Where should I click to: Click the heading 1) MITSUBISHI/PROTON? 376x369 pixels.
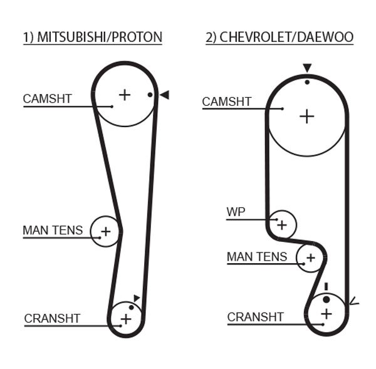click(93, 38)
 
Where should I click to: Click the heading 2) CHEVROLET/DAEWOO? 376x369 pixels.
click(279, 38)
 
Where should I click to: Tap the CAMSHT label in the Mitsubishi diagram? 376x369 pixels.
click(48, 99)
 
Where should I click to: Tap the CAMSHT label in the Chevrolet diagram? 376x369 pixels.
click(227, 102)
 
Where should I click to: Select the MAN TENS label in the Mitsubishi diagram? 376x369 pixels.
click(53, 231)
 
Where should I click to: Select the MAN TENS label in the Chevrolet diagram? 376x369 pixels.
click(257, 257)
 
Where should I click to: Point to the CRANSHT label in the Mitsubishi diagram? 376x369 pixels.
click(52, 319)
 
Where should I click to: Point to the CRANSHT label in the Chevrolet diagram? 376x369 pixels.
click(256, 318)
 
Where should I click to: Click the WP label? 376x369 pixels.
click(236, 212)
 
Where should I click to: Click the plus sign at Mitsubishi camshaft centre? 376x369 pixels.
click(125, 95)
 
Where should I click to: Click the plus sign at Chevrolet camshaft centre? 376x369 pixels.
click(306, 116)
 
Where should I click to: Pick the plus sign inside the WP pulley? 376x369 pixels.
click(282, 224)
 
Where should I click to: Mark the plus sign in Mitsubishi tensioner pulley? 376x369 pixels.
click(105, 231)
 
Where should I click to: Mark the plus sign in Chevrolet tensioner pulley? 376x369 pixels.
click(310, 257)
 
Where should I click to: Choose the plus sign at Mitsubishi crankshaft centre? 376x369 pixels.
click(126, 319)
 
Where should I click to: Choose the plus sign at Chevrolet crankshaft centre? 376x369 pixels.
click(326, 313)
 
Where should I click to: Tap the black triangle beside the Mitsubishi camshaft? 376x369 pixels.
click(164, 95)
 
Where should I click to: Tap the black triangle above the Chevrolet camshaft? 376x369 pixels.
click(306, 68)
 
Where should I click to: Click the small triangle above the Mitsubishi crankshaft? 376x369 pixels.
click(137, 298)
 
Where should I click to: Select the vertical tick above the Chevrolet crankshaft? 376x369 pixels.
click(326, 287)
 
